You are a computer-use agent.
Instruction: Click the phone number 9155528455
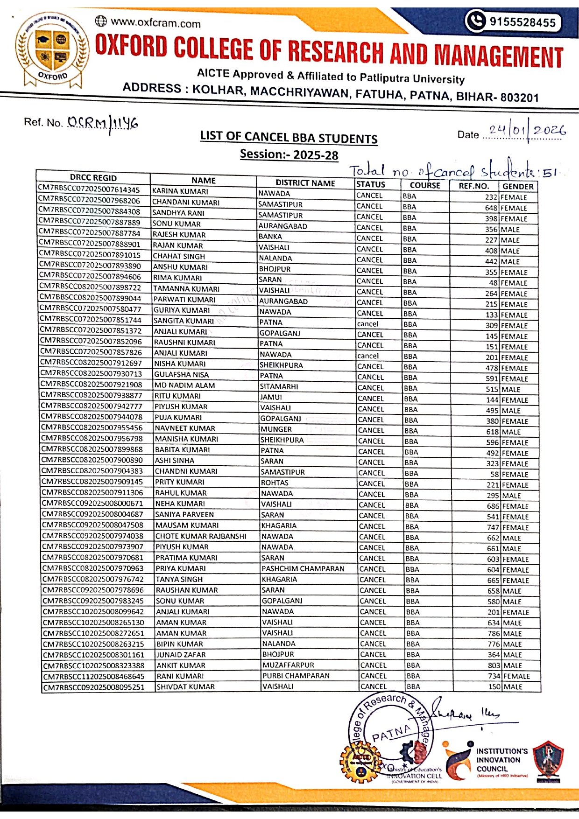[522, 22]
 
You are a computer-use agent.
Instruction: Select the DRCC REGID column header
[93, 178]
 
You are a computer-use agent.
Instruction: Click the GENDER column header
[518, 186]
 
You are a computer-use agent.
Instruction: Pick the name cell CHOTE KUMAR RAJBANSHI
[201, 536]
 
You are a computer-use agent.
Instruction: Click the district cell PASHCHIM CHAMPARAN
[303, 569]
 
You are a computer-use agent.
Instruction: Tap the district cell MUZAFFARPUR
[288, 665]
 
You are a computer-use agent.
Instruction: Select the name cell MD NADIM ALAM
[185, 385]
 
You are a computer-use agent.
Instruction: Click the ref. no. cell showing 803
[494, 665]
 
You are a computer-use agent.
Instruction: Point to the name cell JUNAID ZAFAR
[181, 655]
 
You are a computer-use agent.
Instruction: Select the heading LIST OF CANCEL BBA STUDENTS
[289, 138]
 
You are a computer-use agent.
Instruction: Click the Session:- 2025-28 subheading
[289, 154]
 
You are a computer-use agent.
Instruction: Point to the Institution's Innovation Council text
[501, 759]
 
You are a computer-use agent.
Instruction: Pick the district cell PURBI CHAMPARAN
[296, 676]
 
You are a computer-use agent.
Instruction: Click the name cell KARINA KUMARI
[180, 191]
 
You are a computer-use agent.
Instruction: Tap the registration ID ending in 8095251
[94, 687]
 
